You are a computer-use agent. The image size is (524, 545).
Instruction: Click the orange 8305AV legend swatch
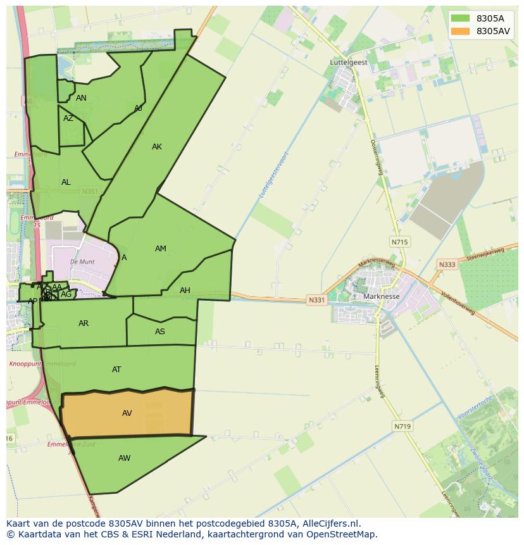[461, 31]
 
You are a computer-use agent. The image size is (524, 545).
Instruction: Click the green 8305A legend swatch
[461, 18]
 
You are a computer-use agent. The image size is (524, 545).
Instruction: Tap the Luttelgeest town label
[348, 63]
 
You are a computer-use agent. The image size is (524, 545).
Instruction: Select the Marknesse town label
[382, 296]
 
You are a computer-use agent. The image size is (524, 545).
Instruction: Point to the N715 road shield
[399, 242]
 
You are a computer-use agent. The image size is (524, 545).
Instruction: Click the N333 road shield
[447, 265]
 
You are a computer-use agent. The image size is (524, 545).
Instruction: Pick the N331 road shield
[316, 299]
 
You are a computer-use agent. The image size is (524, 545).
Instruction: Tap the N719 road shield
[402, 427]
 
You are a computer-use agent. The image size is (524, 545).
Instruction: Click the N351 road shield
[90, 191]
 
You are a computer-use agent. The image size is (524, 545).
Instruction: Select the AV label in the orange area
[127, 413]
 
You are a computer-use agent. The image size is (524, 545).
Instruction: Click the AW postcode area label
[124, 458]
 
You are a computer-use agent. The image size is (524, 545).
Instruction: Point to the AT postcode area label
[116, 370]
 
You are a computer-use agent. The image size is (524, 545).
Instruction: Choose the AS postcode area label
[160, 332]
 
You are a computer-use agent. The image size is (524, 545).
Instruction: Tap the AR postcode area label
[84, 323]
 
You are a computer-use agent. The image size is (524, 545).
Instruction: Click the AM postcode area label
[161, 249]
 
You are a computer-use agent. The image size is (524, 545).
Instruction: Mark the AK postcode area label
[157, 147]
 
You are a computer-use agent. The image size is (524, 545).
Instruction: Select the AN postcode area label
[81, 98]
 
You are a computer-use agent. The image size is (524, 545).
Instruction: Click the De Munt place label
[82, 261]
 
